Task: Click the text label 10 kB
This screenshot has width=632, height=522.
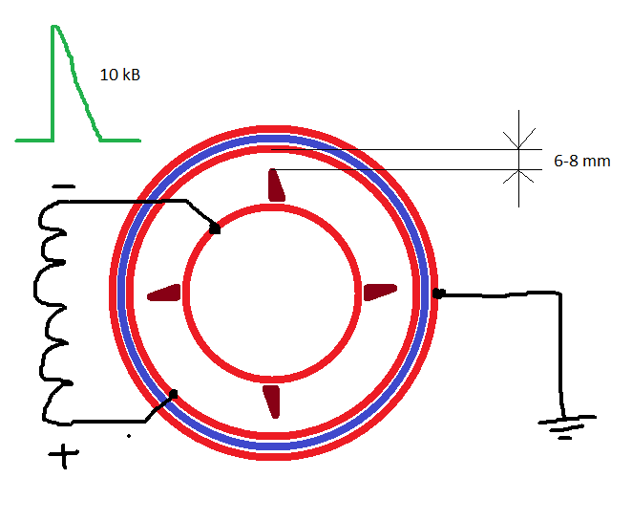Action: [x=119, y=75]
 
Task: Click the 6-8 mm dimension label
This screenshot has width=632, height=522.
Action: [x=582, y=161]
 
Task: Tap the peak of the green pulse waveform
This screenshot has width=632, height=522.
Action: [x=54, y=27]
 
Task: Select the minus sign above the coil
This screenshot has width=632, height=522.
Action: [x=64, y=186]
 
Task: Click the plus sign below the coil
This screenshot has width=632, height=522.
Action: [x=63, y=456]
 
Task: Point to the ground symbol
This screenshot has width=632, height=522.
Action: [x=567, y=426]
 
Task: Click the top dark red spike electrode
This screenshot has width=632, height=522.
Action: [x=276, y=185]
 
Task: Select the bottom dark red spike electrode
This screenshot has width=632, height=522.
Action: [x=272, y=402]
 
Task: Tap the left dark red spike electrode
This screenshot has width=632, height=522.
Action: [x=164, y=294]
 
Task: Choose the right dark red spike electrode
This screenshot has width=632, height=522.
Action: [x=380, y=292]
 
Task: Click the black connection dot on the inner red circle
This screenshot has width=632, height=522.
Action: [x=215, y=228]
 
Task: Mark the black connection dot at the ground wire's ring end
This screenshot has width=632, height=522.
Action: [x=438, y=294]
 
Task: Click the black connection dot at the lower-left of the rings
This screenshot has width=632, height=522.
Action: [x=174, y=394]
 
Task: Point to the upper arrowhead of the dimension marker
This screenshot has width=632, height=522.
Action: [x=518, y=139]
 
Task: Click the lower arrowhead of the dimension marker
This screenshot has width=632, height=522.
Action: [x=518, y=177]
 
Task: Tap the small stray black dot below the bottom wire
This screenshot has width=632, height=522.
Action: [x=129, y=436]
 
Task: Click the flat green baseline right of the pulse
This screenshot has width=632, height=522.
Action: [x=120, y=141]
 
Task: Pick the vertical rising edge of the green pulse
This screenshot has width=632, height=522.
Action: [x=53, y=83]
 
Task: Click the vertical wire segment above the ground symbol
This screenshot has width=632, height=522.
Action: [x=561, y=356]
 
